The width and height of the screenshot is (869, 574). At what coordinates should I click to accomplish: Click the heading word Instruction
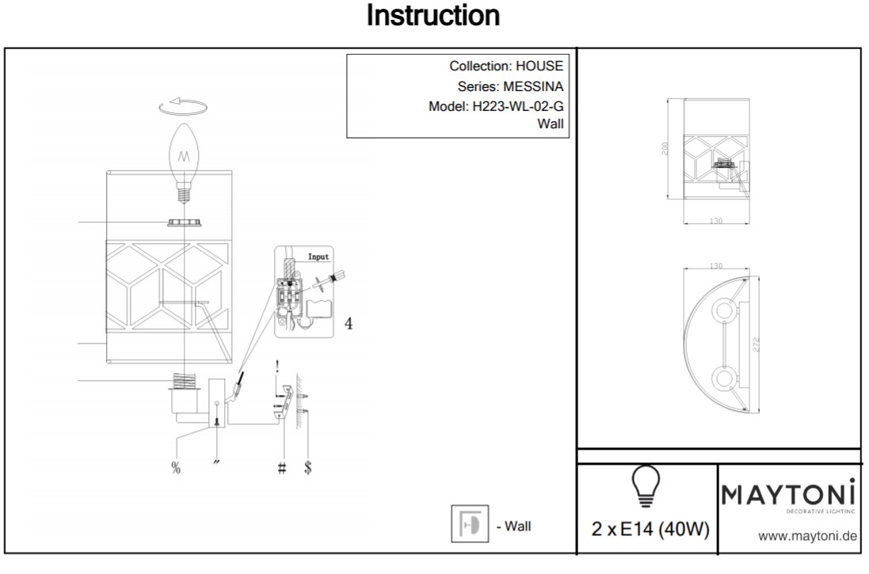coord(433,16)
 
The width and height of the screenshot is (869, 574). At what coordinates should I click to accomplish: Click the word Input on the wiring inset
coord(318,257)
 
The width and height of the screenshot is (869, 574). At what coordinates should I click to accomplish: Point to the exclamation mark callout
coord(277,367)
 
